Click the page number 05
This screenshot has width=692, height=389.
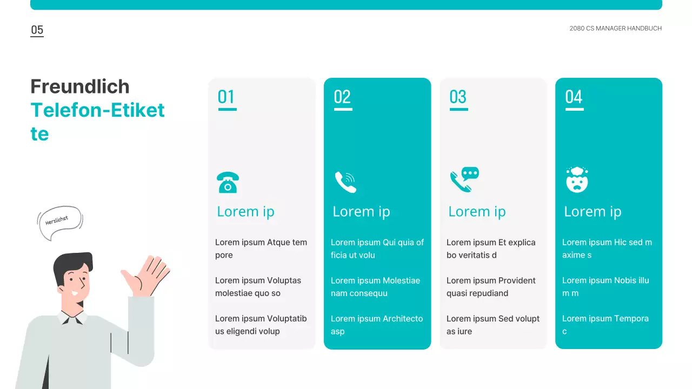[x=37, y=30]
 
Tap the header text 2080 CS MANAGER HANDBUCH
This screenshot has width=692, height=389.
[x=615, y=29]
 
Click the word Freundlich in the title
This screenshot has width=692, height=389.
[x=79, y=86]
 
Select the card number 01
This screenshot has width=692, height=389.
[x=226, y=97]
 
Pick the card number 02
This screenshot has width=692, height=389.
[x=342, y=97]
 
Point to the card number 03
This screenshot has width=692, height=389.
[x=458, y=97]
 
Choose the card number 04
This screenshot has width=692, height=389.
[x=574, y=97]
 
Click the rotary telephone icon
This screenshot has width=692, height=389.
[x=228, y=183]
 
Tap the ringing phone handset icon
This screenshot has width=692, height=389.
[x=345, y=182]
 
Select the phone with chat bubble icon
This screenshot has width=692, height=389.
[x=464, y=180]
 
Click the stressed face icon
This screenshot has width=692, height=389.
[x=577, y=180]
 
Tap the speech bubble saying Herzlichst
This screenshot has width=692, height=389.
[x=60, y=222]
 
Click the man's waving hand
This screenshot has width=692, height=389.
[x=145, y=276]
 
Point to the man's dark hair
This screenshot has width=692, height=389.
[x=72, y=265]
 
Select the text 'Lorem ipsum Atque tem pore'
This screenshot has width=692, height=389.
[x=261, y=249]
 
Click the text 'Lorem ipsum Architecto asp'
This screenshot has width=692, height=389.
[x=377, y=325]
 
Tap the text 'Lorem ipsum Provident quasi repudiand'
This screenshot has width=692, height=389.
[x=491, y=287]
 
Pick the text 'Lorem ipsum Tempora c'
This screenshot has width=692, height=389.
[x=605, y=325]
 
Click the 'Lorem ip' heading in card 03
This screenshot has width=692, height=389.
[x=477, y=212]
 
